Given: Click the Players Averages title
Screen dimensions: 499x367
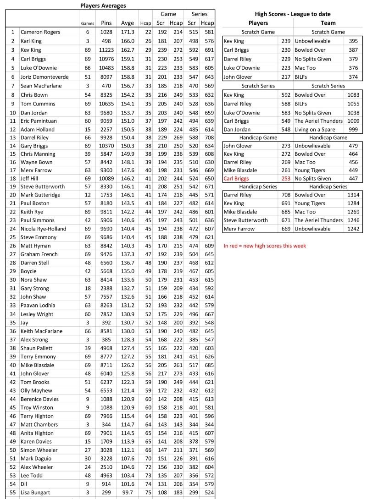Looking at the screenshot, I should [103, 5].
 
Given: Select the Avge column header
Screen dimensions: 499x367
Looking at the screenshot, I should [128, 23].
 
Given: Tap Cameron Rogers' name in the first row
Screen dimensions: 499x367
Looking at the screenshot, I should [40, 32].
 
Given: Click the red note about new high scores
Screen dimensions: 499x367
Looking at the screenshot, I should [265, 246].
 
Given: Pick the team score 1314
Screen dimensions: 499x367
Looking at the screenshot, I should [353, 194].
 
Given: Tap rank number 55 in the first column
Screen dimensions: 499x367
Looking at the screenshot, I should [12, 492].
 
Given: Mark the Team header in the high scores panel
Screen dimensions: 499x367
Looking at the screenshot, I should [328, 22].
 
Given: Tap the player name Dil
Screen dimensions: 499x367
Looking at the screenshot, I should [24, 483].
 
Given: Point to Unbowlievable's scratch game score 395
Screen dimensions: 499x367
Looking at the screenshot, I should [353, 41].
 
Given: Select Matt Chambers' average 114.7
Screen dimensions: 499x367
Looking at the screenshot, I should [128, 424].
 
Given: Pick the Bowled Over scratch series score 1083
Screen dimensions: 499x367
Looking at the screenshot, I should [353, 95].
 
